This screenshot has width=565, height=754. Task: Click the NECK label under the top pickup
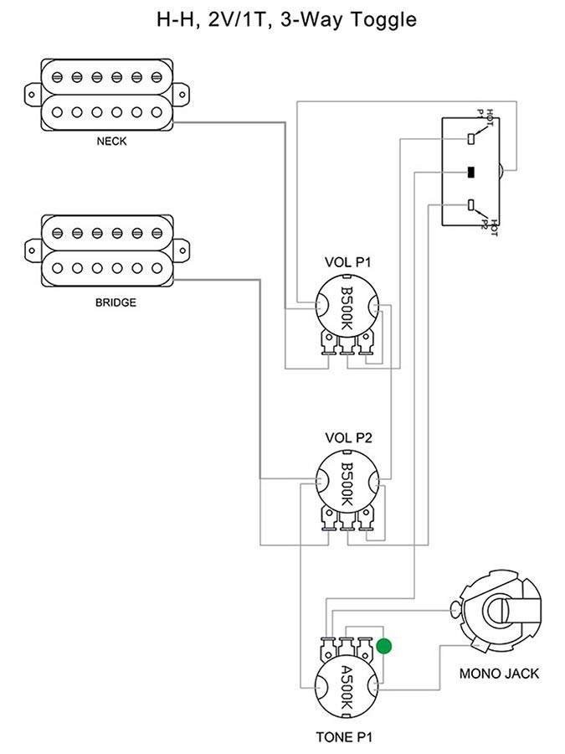tap(111, 142)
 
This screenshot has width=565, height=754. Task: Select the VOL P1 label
tap(347, 263)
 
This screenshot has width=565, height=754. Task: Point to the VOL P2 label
tap(347, 437)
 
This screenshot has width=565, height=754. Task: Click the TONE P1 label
tap(348, 737)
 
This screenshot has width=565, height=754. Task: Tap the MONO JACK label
tap(499, 673)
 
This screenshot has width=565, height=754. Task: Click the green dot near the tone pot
tap(384, 646)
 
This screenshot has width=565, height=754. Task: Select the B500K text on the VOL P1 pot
tap(347, 309)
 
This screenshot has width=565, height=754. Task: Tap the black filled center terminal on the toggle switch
tap(472, 173)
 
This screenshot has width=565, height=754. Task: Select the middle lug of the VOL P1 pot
tap(347, 343)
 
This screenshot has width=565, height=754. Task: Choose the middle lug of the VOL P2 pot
tap(347, 518)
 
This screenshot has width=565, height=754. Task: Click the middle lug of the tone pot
tap(347, 646)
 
